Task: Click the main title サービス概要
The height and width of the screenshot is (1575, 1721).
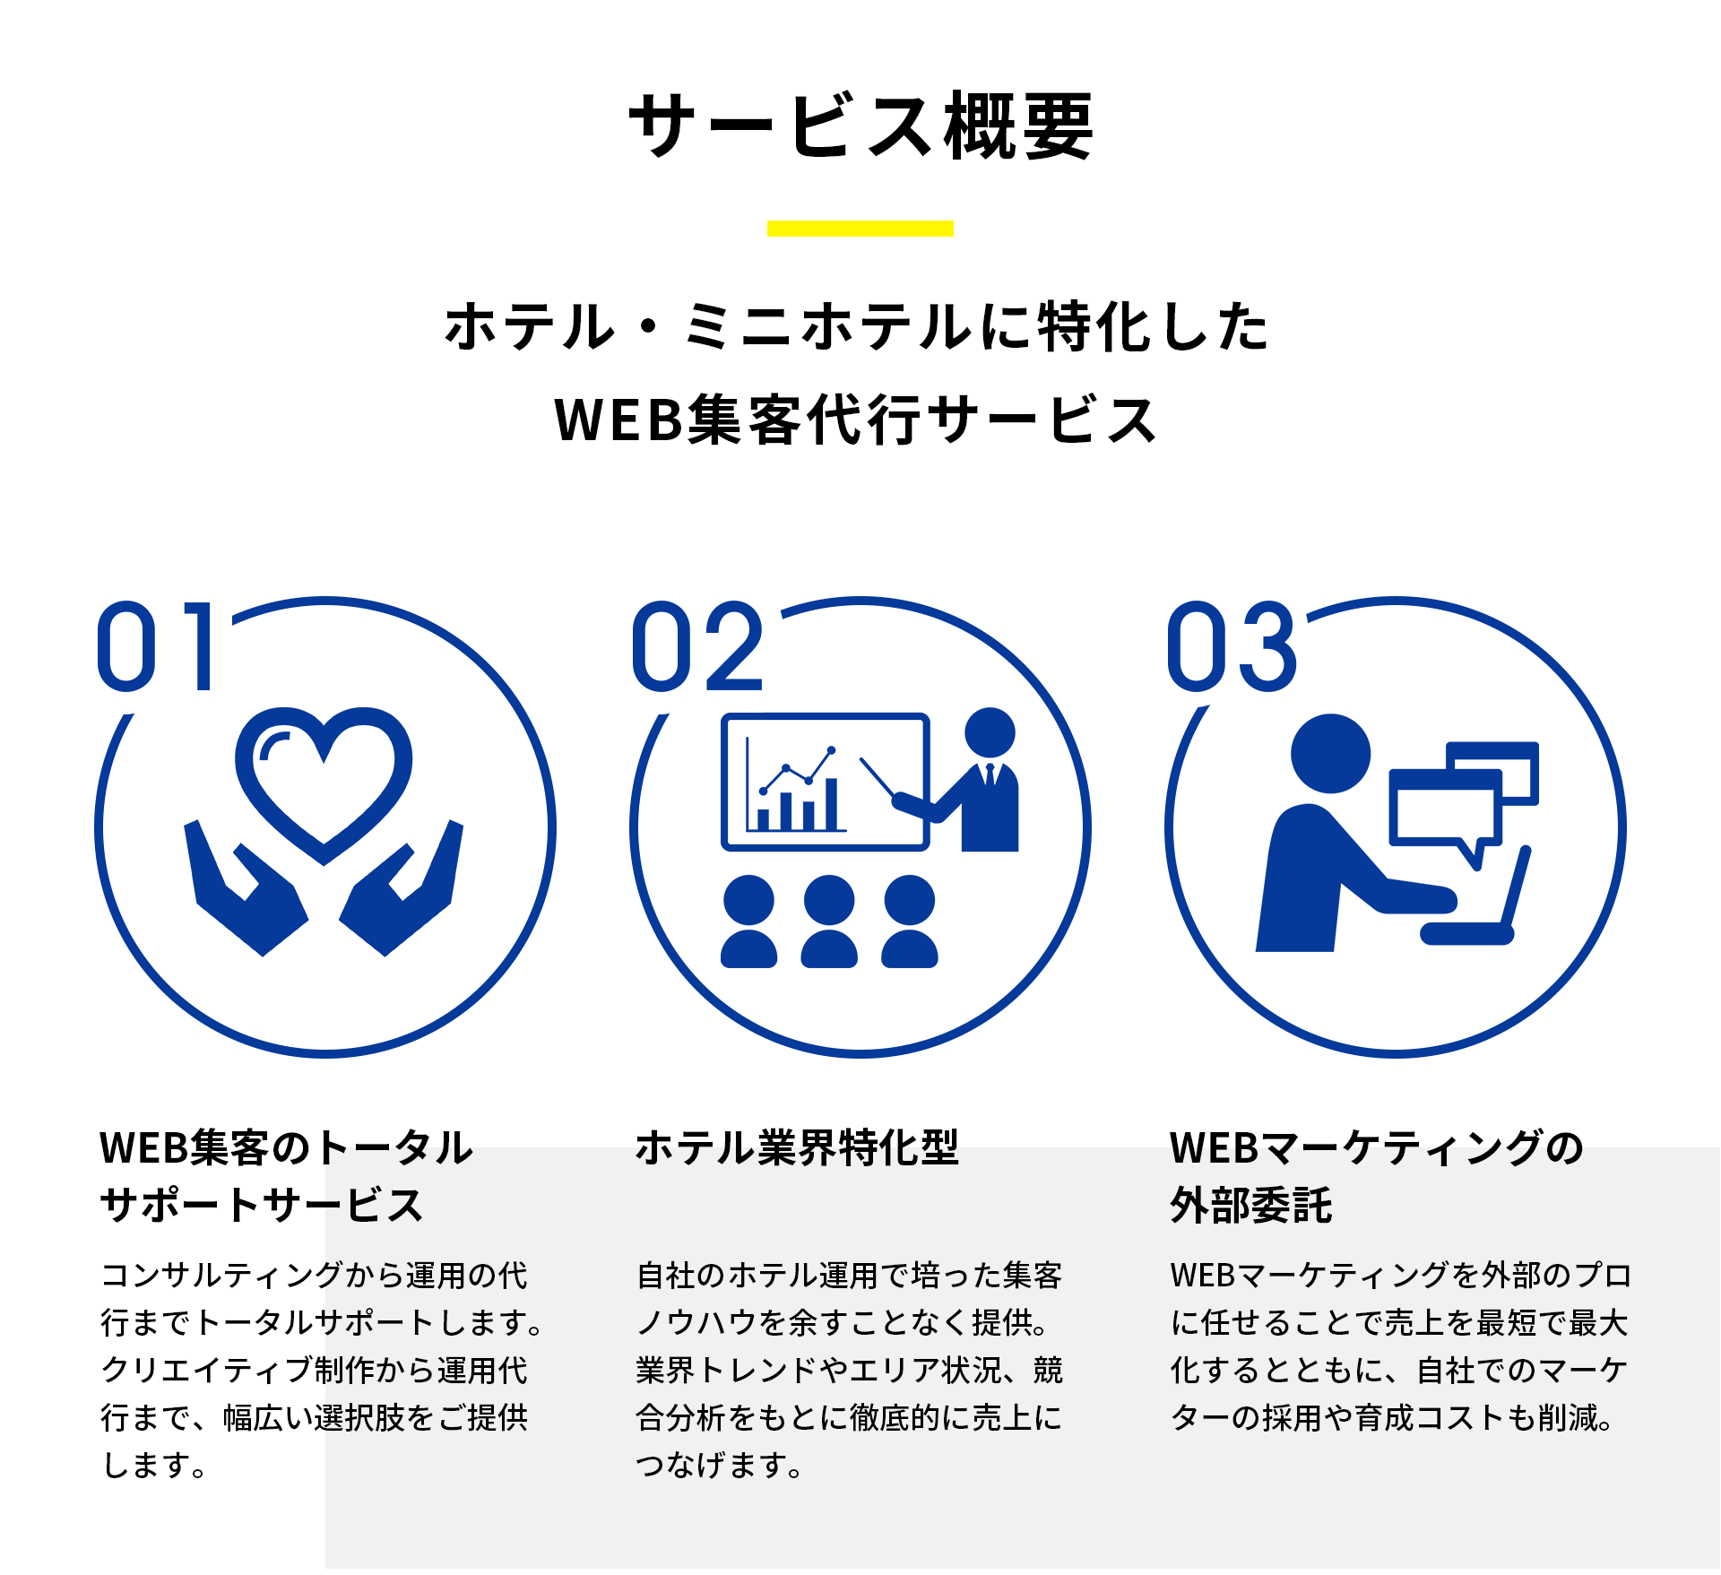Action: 860,125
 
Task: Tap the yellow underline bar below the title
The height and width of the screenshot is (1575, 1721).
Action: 860,229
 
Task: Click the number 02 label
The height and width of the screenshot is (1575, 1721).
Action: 697,646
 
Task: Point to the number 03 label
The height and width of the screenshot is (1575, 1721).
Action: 1232,646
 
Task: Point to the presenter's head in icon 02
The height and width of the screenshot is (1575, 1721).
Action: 990,732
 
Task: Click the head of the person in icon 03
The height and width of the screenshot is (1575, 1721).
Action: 1330,753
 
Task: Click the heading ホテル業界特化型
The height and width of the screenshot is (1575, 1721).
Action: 797,1148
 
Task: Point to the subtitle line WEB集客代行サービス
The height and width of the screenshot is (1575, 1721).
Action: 856,420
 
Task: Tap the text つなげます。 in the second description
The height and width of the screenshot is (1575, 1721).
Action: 719,1466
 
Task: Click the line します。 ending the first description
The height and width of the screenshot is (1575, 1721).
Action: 154,1466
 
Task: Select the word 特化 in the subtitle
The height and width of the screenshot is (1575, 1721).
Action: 1094,326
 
